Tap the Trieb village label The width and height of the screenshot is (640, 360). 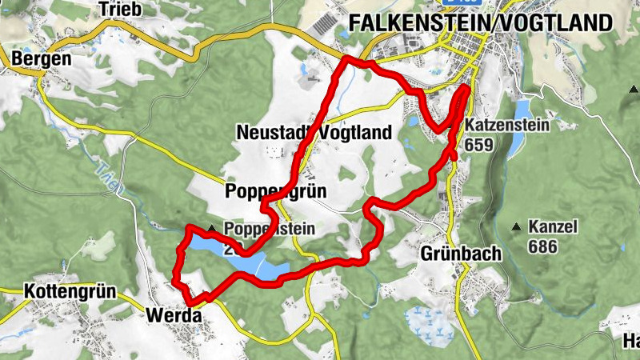(120, 9)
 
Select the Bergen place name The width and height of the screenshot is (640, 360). (41, 59)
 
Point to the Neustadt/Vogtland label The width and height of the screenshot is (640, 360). (314, 133)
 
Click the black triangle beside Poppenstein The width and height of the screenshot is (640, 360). (211, 229)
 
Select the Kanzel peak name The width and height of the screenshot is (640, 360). (553, 227)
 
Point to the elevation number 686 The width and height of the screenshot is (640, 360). (542, 246)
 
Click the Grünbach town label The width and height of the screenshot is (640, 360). (461, 254)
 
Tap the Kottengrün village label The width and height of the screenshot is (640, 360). (70, 290)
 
